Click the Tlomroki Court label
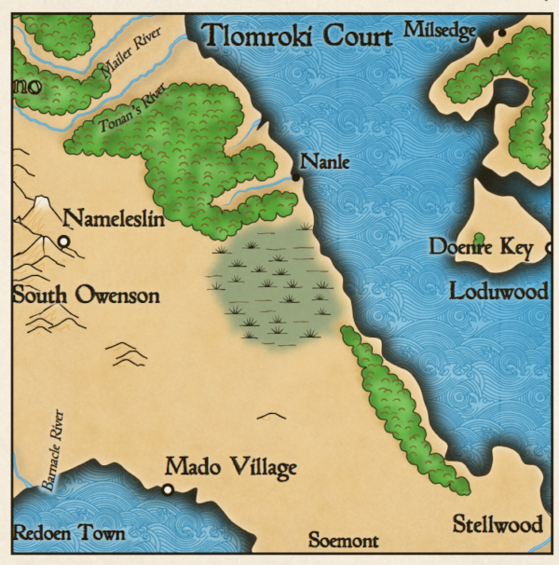[296, 36]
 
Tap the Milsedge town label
[440, 31]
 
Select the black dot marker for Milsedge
[501, 33]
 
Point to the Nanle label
[324, 162]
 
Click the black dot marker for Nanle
[296, 175]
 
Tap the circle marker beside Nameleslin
[64, 242]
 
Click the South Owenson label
[86, 296]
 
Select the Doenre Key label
[481, 247]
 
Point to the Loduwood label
[498, 292]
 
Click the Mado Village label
[230, 467]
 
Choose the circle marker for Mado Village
[168, 489]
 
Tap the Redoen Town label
[69, 534]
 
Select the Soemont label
[343, 541]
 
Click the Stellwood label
[498, 525]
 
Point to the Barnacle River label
[50, 449]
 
